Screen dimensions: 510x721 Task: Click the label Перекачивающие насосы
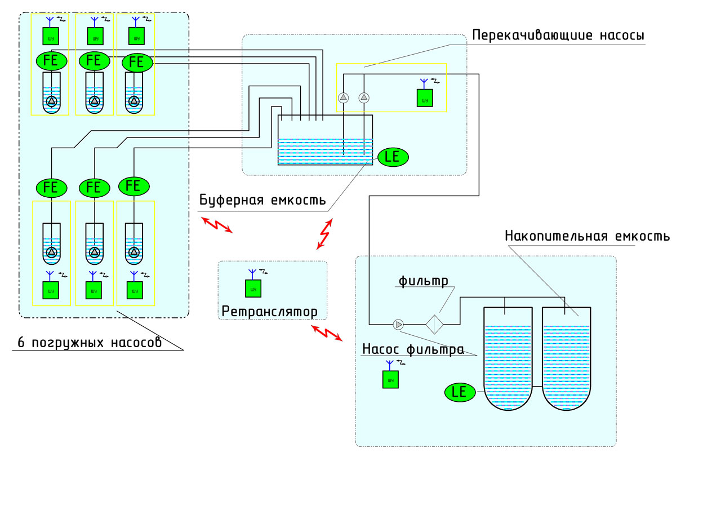(x=558, y=36)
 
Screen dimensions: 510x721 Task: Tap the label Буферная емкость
(x=262, y=200)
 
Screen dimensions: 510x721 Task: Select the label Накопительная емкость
(x=587, y=236)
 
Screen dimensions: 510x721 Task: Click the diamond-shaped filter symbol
(x=434, y=324)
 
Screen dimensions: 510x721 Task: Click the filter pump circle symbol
(x=399, y=324)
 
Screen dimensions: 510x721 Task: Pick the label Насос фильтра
(x=413, y=349)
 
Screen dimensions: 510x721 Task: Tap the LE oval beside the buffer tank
(x=393, y=157)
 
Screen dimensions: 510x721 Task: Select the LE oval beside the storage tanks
(x=460, y=392)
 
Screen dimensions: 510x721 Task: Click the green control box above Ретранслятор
(x=253, y=289)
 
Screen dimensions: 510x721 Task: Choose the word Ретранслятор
(x=269, y=311)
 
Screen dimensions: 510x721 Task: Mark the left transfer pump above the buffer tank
(x=344, y=97)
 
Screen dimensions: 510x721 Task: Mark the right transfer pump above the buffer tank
(x=364, y=97)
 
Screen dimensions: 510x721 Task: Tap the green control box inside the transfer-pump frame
(x=425, y=98)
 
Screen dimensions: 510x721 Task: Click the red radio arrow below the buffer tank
(x=325, y=233)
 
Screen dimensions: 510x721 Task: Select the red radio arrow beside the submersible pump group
(x=217, y=224)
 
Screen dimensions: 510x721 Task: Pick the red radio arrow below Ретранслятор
(x=327, y=332)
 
